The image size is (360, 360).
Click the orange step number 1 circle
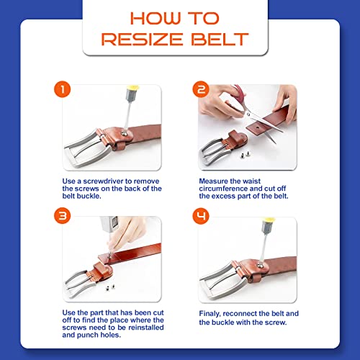point(63,89)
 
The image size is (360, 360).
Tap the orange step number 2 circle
point(201,89)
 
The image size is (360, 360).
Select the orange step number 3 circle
point(63,216)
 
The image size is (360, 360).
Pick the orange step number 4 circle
point(201,216)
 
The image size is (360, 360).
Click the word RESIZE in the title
point(142,40)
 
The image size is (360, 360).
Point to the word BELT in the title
point(220,40)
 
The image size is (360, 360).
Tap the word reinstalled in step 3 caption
point(146,328)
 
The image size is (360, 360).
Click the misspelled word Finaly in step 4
point(210,314)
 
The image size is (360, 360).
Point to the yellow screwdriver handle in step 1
point(132,88)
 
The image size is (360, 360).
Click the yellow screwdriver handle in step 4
point(269,220)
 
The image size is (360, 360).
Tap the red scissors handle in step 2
point(238,96)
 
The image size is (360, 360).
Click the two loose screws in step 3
point(109,287)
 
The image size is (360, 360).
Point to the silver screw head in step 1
point(125,134)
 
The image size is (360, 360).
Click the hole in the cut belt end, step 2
point(257,128)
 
